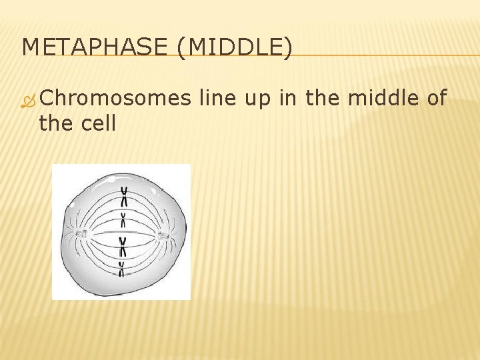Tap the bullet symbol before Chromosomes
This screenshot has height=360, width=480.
coord(29,100)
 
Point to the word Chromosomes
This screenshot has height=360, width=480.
coord(115,99)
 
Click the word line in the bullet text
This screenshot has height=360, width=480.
coord(218,99)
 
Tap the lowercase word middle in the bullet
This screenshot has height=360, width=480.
coord(387,99)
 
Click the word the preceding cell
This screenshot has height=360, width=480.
coord(57,123)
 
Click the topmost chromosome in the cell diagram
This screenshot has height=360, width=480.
coord(124,196)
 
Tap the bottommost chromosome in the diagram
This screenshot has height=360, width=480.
coord(122,268)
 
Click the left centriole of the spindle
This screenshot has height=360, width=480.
coord(83,234)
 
